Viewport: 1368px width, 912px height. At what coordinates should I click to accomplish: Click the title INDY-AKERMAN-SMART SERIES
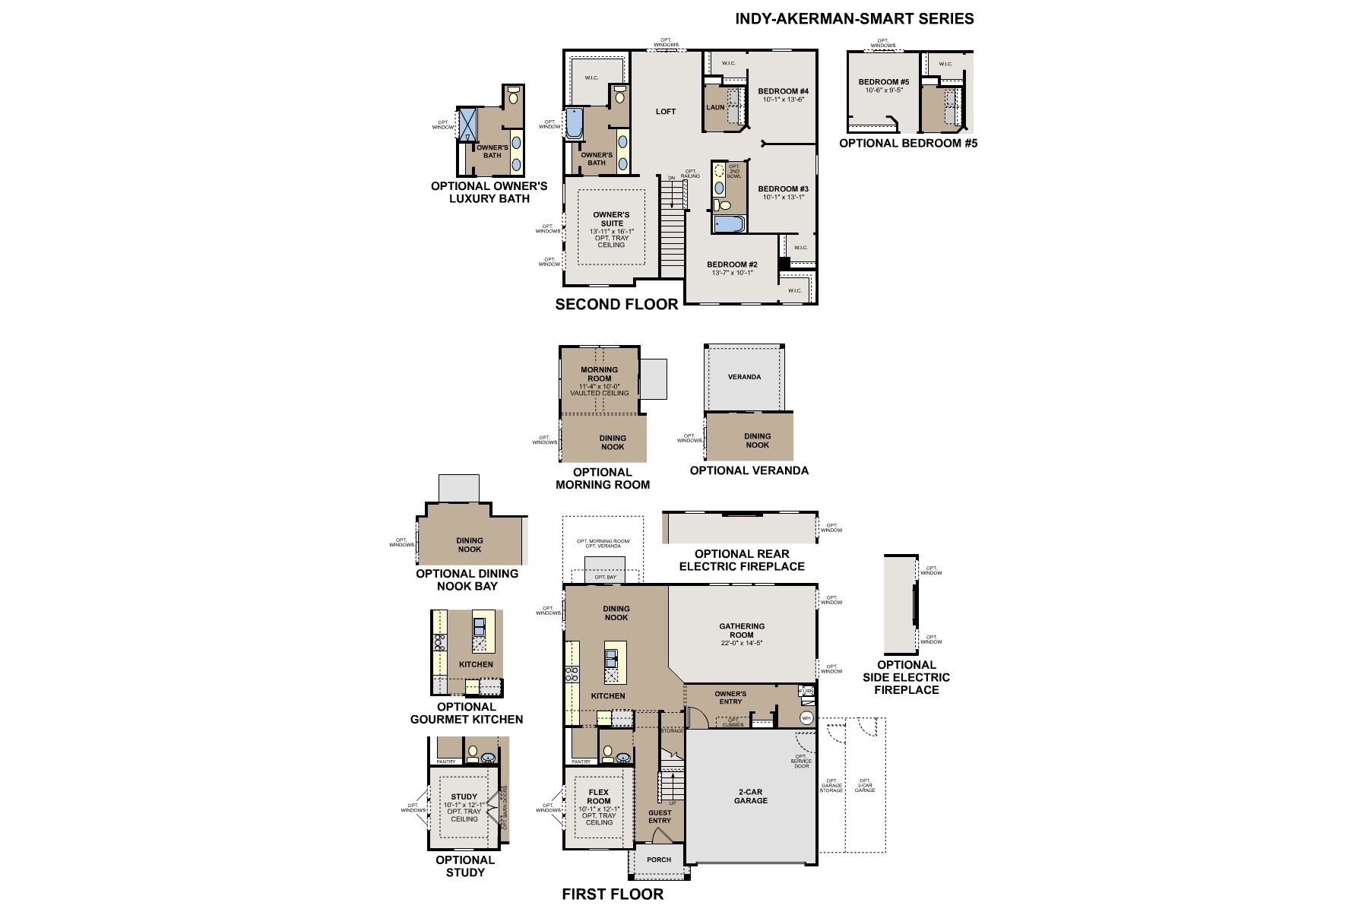click(x=854, y=19)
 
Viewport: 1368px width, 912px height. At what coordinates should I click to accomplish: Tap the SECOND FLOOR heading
click(x=616, y=305)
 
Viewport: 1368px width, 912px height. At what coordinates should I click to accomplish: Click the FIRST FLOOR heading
click(x=613, y=895)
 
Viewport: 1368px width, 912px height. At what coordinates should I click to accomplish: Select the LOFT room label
click(x=666, y=112)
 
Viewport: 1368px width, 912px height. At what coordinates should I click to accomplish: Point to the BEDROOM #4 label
click(x=783, y=91)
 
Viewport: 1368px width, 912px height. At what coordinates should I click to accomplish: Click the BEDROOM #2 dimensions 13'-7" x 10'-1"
click(x=732, y=273)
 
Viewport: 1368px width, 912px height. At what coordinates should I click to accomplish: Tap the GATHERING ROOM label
click(x=742, y=631)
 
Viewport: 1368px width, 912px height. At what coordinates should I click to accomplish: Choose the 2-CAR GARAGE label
click(x=751, y=796)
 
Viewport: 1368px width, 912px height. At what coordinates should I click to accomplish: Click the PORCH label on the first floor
click(x=659, y=860)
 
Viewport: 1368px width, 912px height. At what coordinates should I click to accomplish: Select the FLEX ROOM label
click(x=599, y=796)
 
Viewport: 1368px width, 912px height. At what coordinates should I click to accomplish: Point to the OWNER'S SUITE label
click(x=611, y=219)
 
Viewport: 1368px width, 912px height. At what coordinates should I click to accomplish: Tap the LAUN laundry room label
click(x=715, y=107)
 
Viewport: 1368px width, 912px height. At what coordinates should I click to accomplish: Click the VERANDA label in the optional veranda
click(x=744, y=377)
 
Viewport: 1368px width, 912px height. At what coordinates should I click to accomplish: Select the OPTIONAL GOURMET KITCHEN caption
click(x=467, y=713)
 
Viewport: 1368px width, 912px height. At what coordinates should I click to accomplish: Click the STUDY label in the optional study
click(x=464, y=797)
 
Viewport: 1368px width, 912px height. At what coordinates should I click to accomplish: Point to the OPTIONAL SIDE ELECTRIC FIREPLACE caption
click(x=906, y=677)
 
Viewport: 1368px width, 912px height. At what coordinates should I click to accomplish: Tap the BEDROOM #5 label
click(x=884, y=82)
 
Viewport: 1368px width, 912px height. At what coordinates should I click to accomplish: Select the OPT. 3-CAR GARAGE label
click(x=865, y=785)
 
